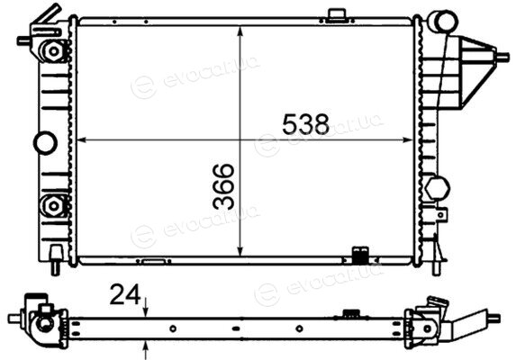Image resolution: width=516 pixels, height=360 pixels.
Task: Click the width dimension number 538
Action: [305, 124]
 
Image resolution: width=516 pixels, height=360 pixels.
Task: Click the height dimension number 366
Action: [223, 186]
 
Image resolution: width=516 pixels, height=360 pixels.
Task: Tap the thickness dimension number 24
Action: [125, 294]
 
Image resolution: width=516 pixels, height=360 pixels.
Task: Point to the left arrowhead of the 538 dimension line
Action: [81, 140]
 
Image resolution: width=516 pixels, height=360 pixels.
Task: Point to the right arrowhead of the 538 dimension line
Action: [408, 140]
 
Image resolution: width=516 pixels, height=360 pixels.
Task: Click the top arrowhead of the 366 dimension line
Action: [240, 31]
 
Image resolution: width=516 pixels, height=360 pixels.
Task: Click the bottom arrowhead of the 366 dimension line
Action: [240, 251]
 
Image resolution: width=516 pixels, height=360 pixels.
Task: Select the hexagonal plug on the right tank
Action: [438, 188]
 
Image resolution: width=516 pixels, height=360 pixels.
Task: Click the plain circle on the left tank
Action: [45, 143]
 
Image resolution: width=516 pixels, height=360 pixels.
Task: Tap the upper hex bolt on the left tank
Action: [53, 51]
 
